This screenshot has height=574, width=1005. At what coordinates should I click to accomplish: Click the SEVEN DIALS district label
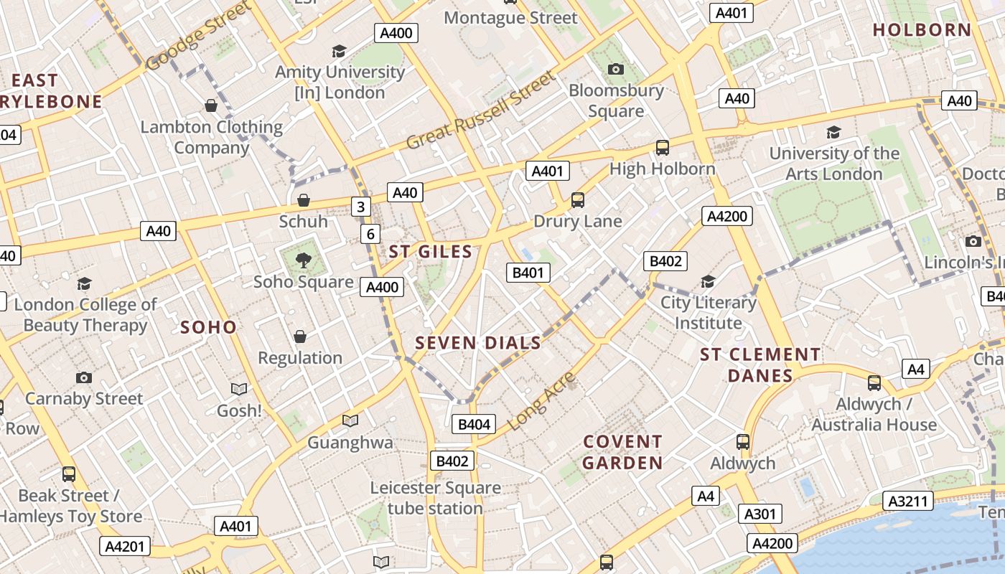pyautogui.click(x=478, y=343)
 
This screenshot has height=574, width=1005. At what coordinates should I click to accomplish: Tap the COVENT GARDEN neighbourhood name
pyautogui.click(x=622, y=452)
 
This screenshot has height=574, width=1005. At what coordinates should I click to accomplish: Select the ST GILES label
pyautogui.click(x=431, y=252)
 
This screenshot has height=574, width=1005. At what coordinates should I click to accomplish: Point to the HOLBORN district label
pyautogui.click(x=922, y=30)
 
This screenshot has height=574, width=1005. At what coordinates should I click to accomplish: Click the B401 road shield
pyautogui.click(x=528, y=273)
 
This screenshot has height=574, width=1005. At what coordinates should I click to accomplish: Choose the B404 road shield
pyautogui.click(x=474, y=424)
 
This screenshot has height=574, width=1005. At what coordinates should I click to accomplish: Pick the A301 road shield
pyautogui.click(x=759, y=514)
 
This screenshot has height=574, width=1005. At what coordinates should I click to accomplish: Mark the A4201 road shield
pyautogui.click(x=125, y=546)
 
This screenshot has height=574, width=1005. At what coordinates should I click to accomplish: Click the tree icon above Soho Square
pyautogui.click(x=304, y=260)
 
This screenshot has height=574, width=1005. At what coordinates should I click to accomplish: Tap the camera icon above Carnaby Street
pyautogui.click(x=84, y=377)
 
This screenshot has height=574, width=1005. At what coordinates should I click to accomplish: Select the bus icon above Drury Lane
pyautogui.click(x=578, y=199)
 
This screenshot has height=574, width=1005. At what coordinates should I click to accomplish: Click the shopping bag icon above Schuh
pyautogui.click(x=304, y=199)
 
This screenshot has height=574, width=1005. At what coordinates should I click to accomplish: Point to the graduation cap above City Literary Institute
pyautogui.click(x=708, y=281)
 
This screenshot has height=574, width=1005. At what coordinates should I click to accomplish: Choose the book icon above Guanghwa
pyautogui.click(x=350, y=420)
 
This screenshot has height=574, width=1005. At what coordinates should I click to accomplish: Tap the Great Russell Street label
pyautogui.click(x=481, y=110)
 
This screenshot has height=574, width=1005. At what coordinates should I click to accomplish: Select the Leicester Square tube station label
pyautogui.click(x=435, y=498)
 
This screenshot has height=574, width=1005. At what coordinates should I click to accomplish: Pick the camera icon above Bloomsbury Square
pyautogui.click(x=615, y=70)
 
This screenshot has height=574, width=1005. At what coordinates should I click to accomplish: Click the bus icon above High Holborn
pyautogui.click(x=662, y=148)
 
